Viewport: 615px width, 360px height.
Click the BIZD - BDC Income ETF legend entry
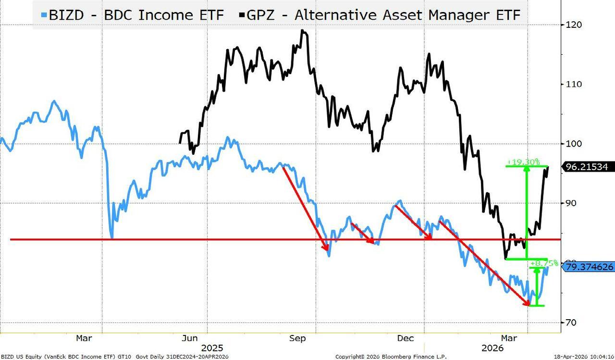132,14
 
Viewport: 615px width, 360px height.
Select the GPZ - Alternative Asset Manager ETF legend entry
380,14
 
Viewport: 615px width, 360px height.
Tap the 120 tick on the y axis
575,25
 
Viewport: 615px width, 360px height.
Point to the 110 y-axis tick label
575,84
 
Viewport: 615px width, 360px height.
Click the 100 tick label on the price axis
575,144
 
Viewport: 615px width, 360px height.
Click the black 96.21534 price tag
587,167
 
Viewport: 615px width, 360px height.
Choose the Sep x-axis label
298,338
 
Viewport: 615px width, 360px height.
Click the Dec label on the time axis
406,338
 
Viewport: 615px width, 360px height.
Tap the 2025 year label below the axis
211,348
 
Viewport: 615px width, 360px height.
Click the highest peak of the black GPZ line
302,30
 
